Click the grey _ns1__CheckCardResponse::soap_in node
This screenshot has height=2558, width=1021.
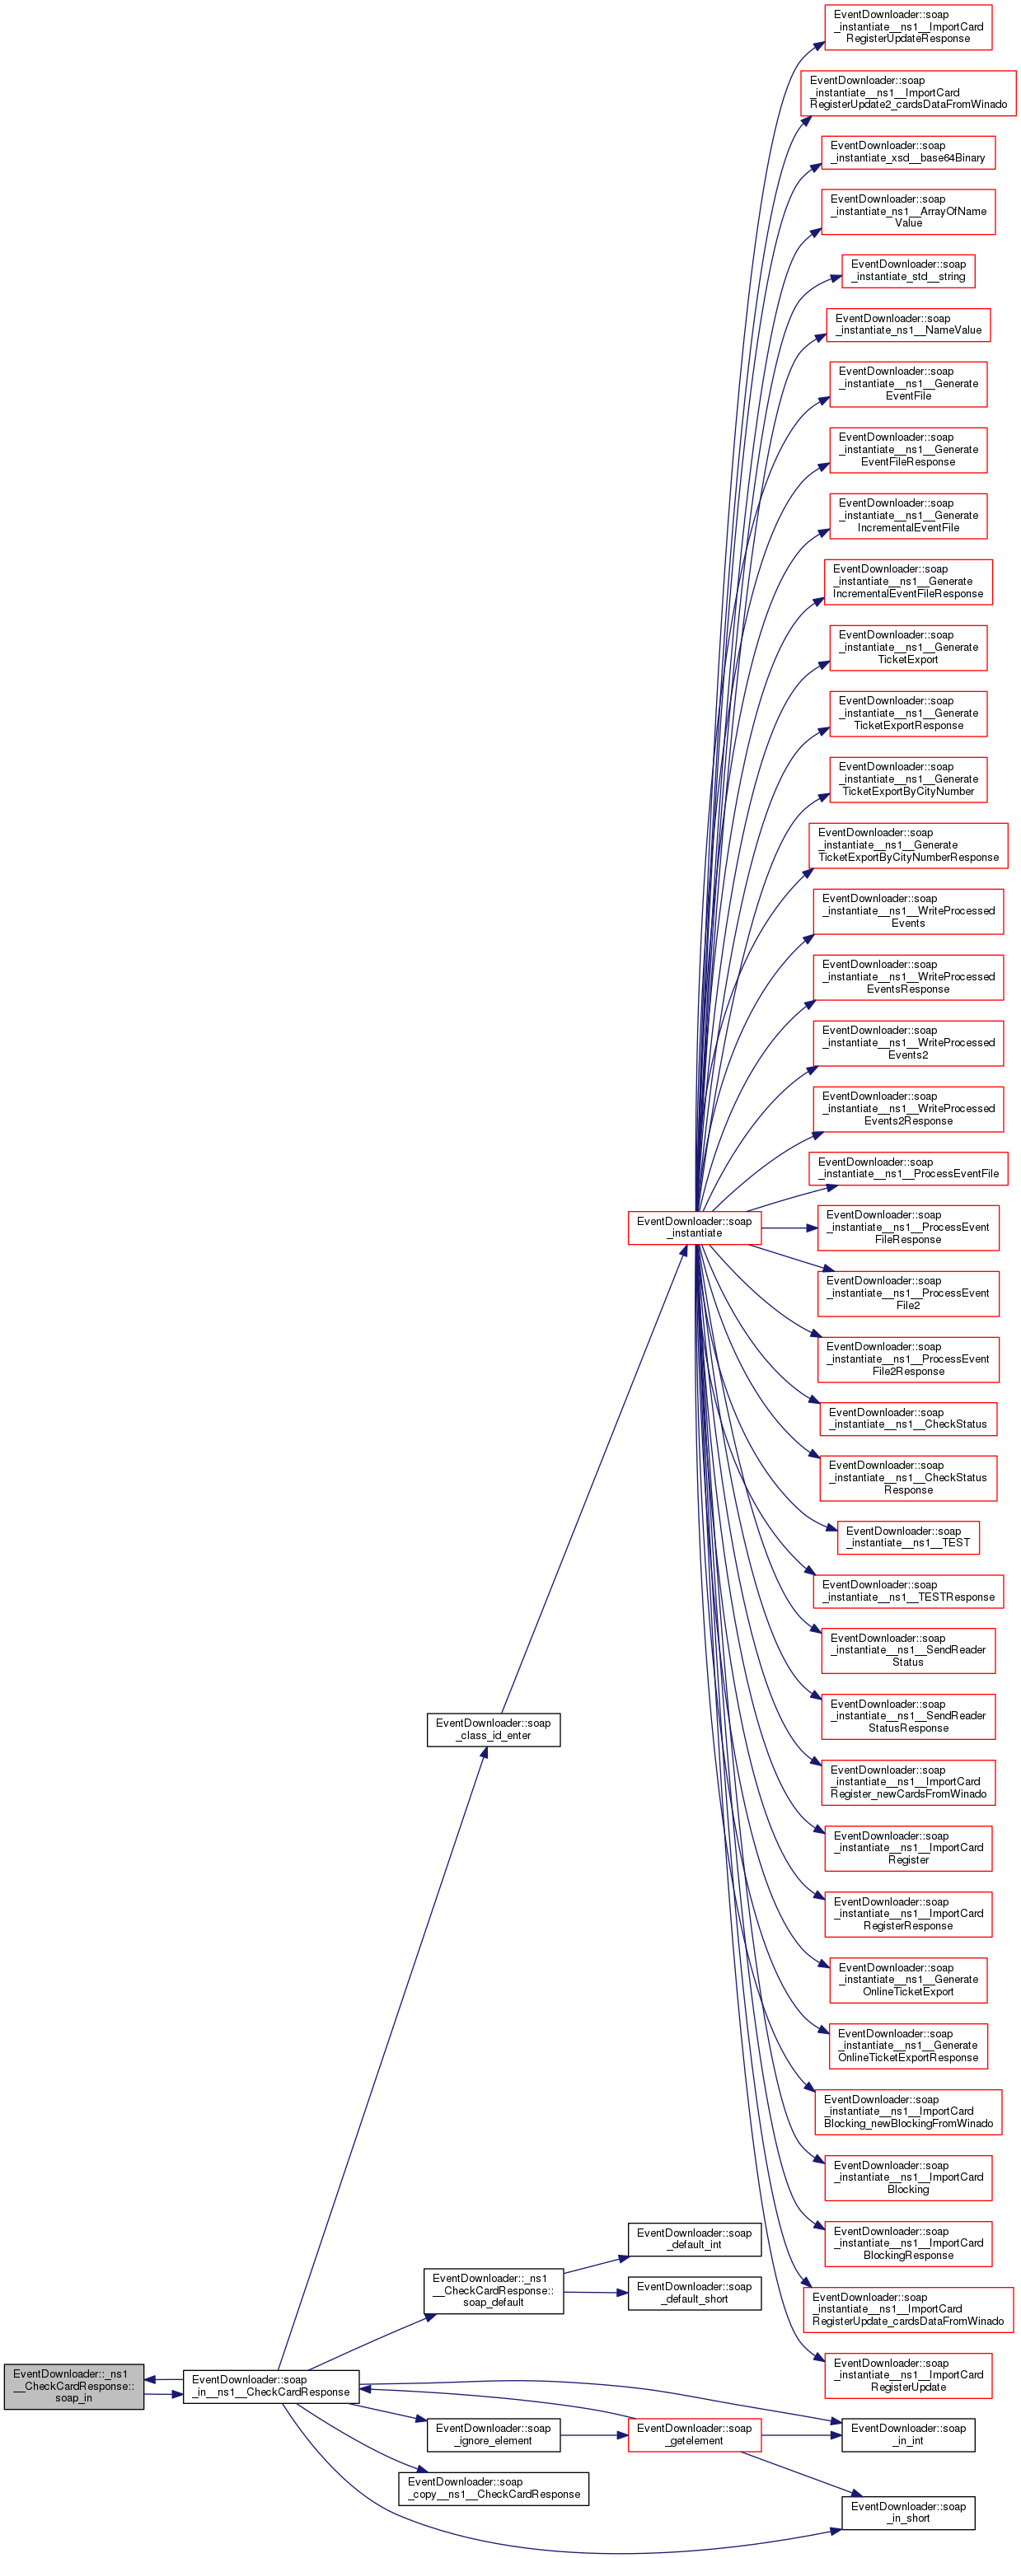(x=73, y=2385)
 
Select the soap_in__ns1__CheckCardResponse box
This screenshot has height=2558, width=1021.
(x=270, y=2385)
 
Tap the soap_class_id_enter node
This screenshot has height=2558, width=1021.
(x=494, y=1729)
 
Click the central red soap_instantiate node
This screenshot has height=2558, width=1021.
(x=694, y=1228)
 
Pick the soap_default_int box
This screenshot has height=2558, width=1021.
(x=694, y=2238)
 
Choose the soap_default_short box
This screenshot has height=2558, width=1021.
(x=694, y=2292)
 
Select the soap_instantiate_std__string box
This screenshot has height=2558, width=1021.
(x=908, y=270)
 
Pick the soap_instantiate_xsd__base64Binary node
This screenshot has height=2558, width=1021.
(x=908, y=152)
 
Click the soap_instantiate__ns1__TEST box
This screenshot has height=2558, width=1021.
(x=908, y=1536)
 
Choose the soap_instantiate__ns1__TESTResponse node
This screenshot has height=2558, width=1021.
(x=908, y=1591)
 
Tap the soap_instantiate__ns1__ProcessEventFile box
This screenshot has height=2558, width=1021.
(x=908, y=1168)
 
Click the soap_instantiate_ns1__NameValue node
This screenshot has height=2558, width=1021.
(x=908, y=325)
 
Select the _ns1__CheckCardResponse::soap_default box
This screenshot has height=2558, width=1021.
(x=494, y=2291)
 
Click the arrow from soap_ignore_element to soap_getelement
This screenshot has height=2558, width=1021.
(x=594, y=2435)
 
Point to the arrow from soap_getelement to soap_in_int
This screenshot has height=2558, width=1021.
(x=802, y=2435)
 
